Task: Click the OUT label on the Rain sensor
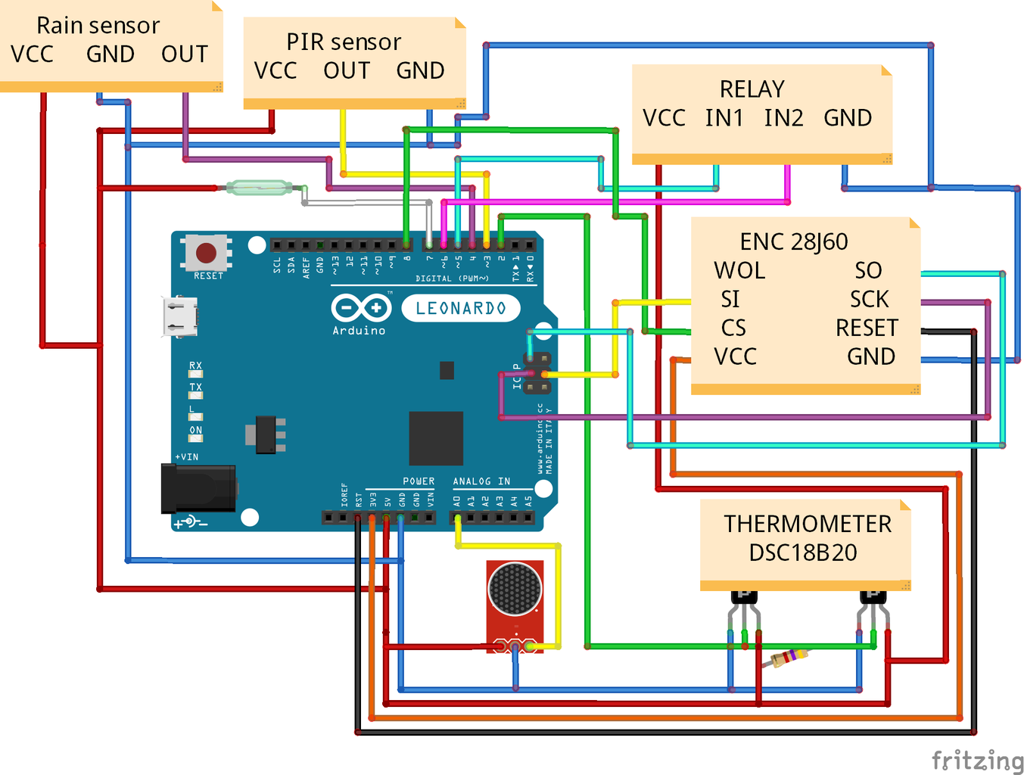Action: tap(184, 54)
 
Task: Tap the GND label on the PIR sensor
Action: tap(420, 70)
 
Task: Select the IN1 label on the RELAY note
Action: tap(724, 118)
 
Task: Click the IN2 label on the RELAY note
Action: tap(783, 118)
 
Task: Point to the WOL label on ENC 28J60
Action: tap(739, 270)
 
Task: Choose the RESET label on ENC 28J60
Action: tap(867, 328)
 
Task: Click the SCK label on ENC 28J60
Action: tap(869, 299)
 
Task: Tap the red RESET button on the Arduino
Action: tap(206, 252)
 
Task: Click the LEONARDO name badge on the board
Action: tap(460, 308)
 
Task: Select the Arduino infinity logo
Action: tap(361, 308)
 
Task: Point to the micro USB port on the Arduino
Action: tap(180, 316)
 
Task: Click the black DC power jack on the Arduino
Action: tap(198, 489)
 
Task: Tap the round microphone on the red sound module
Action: tap(515, 588)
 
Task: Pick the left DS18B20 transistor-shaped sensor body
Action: tap(744, 597)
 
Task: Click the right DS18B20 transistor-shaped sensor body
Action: tap(873, 597)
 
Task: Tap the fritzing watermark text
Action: tap(977, 760)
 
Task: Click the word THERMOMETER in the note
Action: tap(808, 524)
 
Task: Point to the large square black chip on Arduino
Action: tap(435, 438)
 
